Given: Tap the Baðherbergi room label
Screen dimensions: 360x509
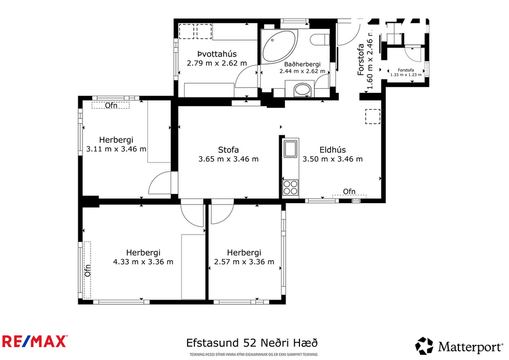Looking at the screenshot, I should (301, 64).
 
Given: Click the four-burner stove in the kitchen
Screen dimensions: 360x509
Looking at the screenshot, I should (290, 187).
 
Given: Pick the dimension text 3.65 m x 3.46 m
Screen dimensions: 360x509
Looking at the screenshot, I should (228, 159).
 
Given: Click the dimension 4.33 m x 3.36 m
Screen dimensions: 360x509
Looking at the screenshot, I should (143, 261).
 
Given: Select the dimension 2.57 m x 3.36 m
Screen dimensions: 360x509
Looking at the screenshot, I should (244, 261).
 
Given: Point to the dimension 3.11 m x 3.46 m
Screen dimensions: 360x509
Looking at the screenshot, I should (115, 149).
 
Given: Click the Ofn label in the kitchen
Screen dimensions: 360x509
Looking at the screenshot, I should (349, 192).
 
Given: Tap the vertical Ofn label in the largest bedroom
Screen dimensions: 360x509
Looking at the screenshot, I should (88, 270).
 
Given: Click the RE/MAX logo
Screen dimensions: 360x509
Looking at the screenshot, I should (34, 341).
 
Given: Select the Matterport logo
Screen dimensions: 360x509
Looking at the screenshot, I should (459, 347).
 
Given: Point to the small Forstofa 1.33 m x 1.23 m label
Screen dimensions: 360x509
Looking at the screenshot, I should (406, 71).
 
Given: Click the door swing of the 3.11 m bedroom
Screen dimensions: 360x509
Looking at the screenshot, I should (160, 185).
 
